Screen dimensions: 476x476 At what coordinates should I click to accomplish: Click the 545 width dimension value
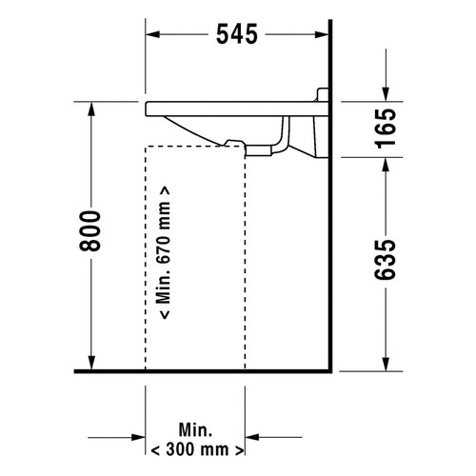click(237, 34)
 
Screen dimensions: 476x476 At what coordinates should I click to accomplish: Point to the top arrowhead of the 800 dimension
click(90, 109)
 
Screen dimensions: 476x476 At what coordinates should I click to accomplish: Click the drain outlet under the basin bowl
click(232, 143)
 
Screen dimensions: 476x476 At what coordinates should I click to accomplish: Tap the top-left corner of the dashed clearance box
click(146, 147)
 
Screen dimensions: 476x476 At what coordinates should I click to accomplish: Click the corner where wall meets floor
click(329, 370)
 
